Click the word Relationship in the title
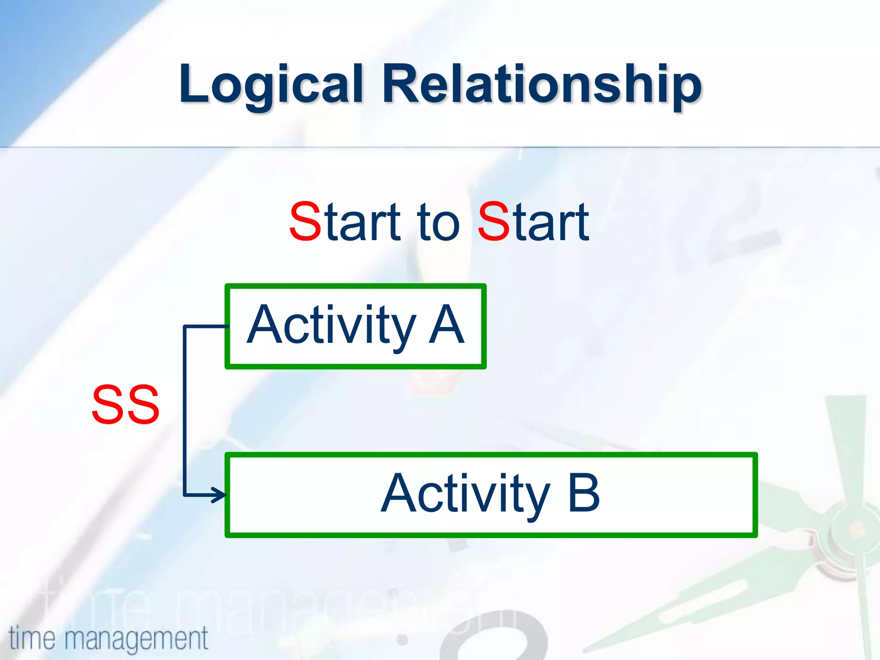pyautogui.click(x=542, y=84)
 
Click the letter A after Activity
pyautogui.click(x=447, y=325)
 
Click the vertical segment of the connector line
pyautogui.click(x=185, y=408)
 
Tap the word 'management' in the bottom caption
pyautogui.click(x=137, y=639)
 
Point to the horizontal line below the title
pyautogui.click(x=440, y=147)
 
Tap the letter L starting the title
pyautogui.click(x=192, y=84)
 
